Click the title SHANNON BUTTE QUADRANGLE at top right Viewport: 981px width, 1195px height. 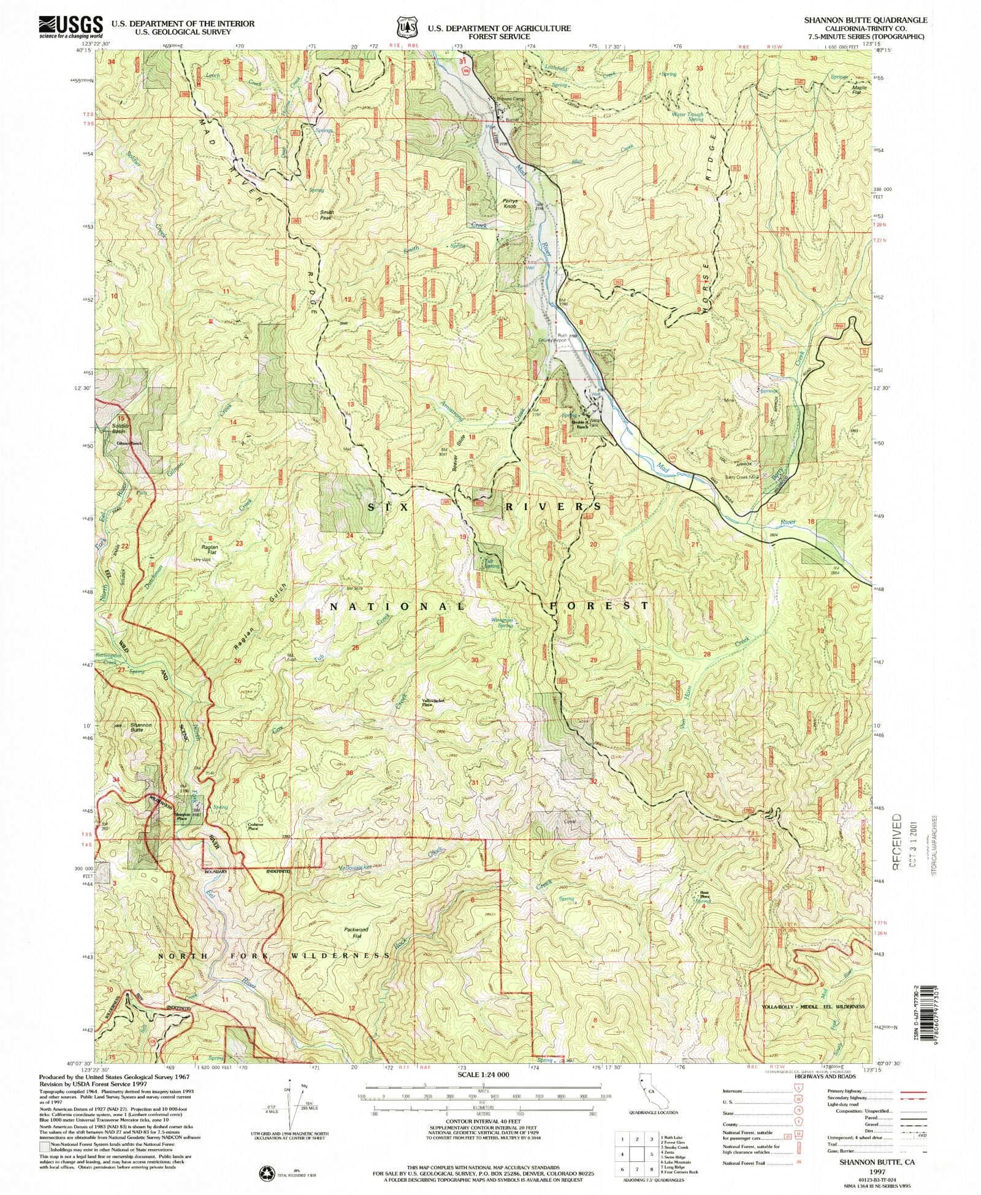coord(866,20)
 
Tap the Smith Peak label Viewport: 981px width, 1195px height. coord(326,215)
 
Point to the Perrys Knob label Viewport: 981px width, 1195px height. coord(511,204)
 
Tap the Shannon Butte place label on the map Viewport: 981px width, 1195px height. coord(141,728)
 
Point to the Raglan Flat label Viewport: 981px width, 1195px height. coord(201,550)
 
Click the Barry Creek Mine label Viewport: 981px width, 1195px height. coord(742,477)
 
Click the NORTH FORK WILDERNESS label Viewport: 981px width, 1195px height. coord(274,956)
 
